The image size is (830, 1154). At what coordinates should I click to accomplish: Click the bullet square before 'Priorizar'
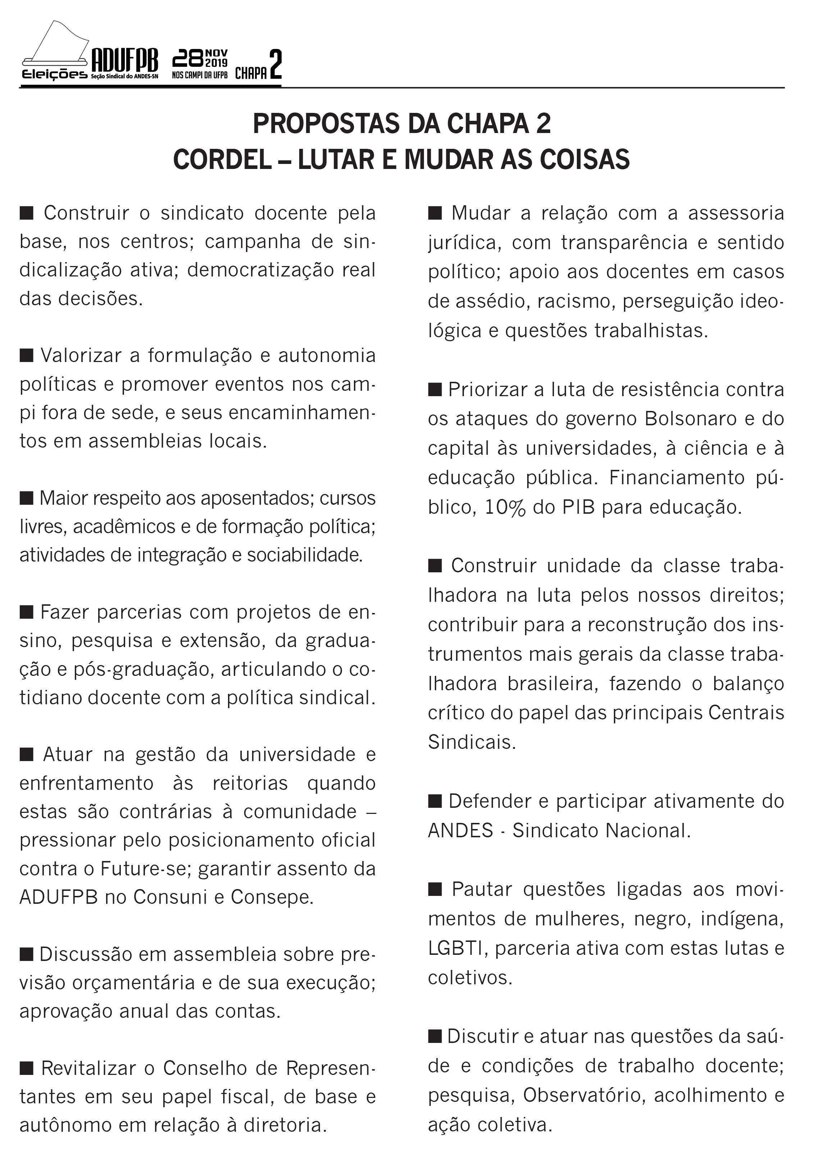point(434,390)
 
